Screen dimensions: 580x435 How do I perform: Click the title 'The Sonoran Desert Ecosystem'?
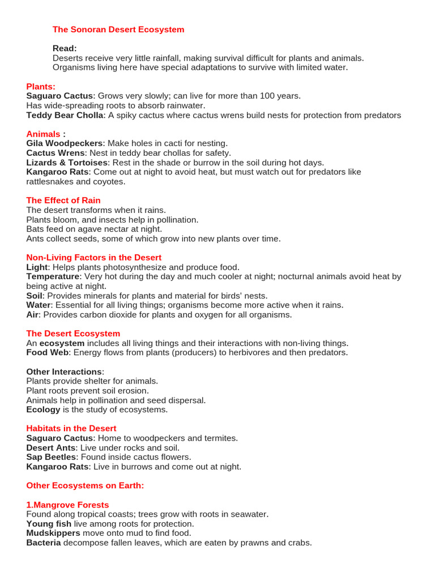(118, 29)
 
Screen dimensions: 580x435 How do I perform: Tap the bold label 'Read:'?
(65, 49)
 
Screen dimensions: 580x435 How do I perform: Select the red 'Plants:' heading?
(41, 87)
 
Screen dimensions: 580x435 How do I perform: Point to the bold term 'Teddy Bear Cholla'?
(65, 116)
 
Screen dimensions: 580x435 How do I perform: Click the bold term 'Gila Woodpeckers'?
(65, 143)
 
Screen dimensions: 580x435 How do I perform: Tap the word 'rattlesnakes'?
(50, 182)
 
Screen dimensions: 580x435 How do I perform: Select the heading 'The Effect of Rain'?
(63, 201)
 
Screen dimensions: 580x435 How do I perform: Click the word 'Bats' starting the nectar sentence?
(36, 229)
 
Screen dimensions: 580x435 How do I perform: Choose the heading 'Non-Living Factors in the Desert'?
(94, 258)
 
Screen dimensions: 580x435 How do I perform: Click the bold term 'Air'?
(33, 315)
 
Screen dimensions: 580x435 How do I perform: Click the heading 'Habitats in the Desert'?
(71, 429)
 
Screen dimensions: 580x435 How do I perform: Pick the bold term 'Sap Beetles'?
(51, 457)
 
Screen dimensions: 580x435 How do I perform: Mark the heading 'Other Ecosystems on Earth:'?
(85, 486)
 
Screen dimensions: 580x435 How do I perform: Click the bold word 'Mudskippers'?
(53, 534)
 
